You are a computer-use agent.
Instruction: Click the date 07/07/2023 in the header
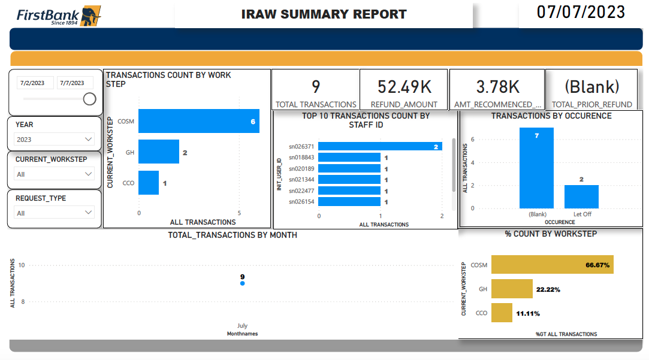pos(581,12)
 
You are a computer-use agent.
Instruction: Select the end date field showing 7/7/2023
pos(76,83)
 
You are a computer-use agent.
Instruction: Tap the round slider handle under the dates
pos(89,99)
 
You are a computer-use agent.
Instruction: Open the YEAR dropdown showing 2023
pos(55,140)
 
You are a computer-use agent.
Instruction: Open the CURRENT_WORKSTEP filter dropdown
pos(55,174)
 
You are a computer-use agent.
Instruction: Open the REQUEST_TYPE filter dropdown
pos(55,213)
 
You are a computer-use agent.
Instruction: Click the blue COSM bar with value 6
pos(198,121)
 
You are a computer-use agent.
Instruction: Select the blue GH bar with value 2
pos(159,152)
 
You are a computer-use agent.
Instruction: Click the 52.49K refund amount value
pos(404,87)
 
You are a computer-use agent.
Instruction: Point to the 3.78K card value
pos(497,87)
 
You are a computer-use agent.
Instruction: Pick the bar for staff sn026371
pos(380,146)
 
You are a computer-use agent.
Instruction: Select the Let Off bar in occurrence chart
pos(581,196)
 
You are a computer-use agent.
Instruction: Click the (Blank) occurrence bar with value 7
pos(536,168)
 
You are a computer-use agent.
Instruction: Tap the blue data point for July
pos(242,283)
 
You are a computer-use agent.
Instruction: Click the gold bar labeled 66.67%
pos(552,265)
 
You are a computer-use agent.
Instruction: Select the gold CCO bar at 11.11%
pos(502,312)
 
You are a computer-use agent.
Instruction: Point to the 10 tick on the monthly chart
pos(22,265)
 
